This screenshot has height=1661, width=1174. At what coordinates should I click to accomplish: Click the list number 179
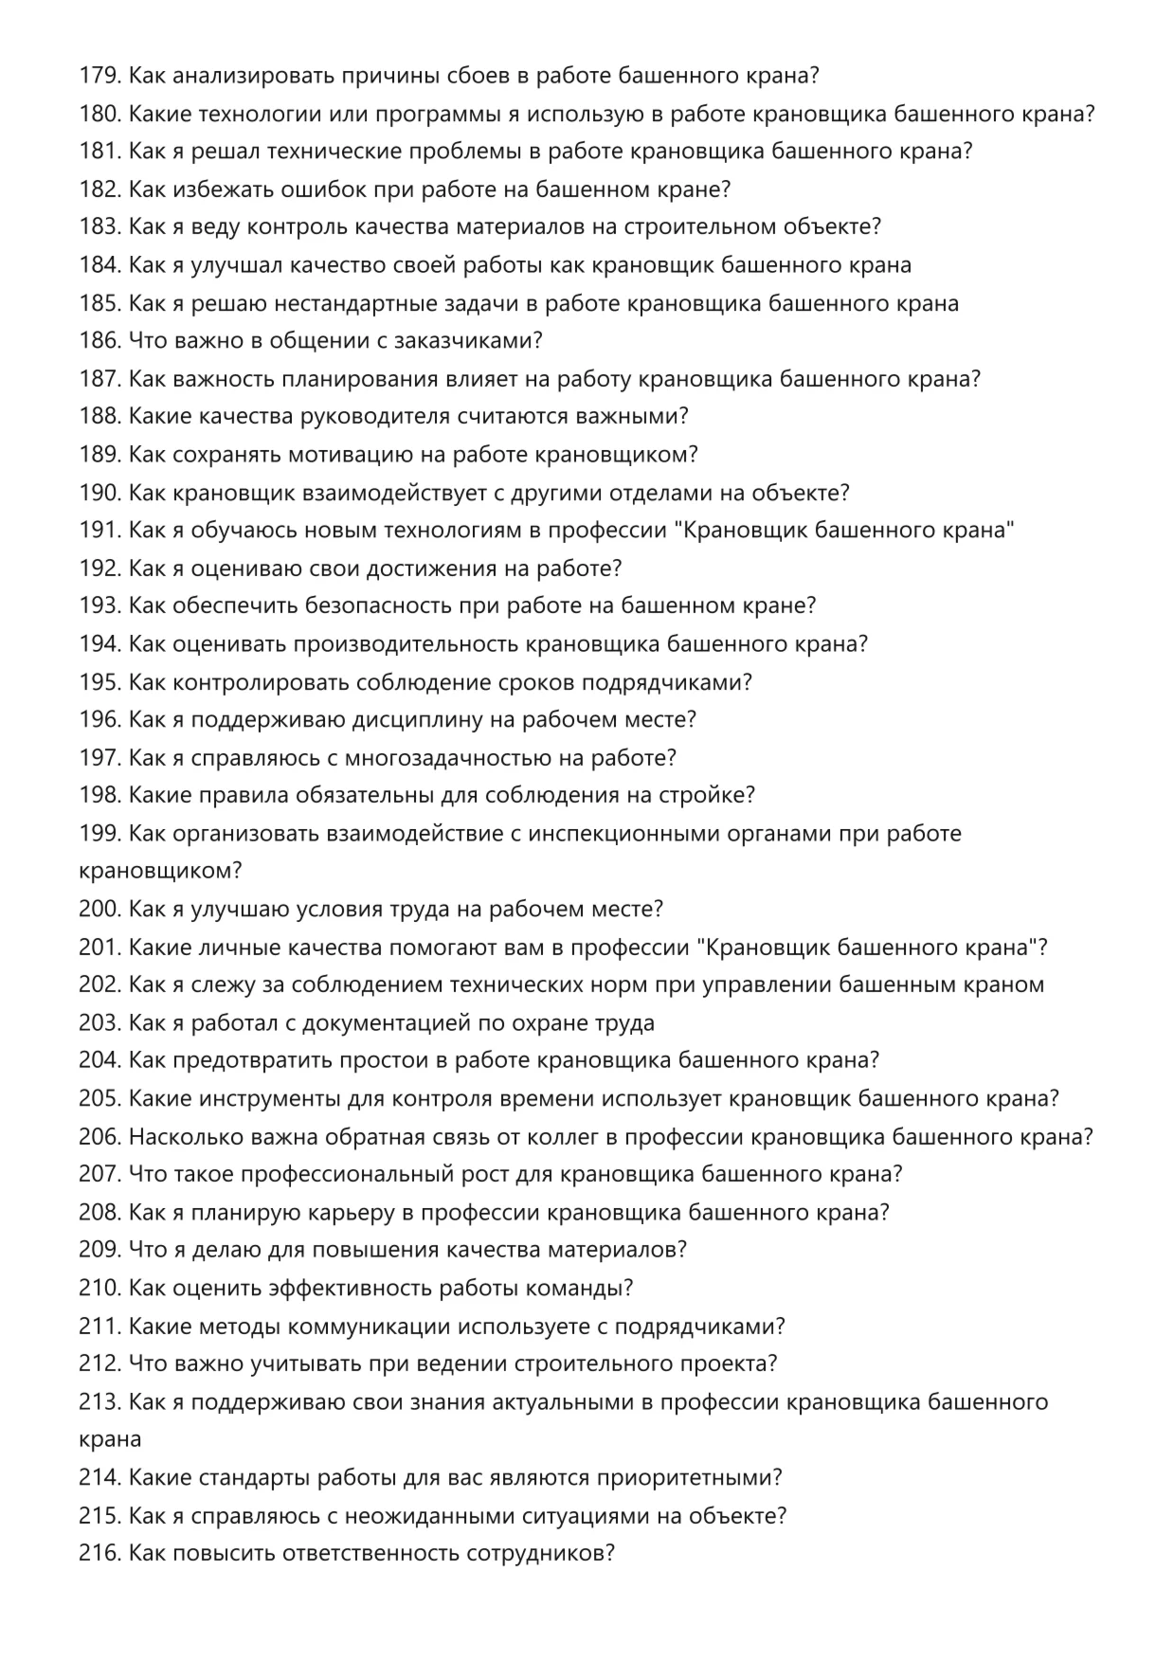(x=99, y=75)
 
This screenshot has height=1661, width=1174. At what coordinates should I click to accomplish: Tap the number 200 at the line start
(x=99, y=909)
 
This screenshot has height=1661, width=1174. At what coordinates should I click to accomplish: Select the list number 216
(x=99, y=1553)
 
